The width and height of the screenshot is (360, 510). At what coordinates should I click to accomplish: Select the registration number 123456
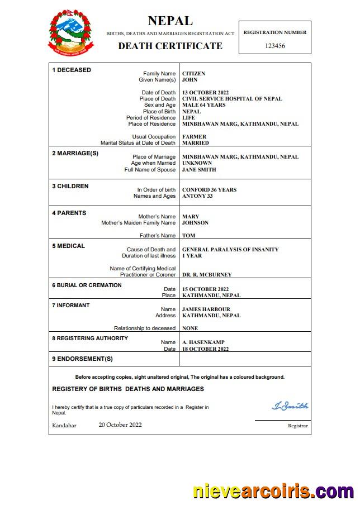(x=274, y=46)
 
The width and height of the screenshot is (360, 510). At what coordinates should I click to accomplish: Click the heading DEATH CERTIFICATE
(x=170, y=46)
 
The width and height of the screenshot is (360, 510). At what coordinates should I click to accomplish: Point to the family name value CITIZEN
(x=193, y=74)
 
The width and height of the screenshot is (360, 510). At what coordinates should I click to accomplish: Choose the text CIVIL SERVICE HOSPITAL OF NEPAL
(x=232, y=99)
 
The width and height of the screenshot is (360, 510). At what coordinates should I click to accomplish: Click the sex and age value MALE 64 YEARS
(x=203, y=105)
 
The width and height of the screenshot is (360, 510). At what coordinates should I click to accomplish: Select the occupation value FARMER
(x=194, y=137)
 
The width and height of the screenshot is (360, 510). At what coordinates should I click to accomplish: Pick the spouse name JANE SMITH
(x=199, y=170)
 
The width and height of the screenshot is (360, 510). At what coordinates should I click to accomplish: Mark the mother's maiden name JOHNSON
(x=195, y=223)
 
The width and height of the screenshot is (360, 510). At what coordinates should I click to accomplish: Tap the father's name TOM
(x=188, y=236)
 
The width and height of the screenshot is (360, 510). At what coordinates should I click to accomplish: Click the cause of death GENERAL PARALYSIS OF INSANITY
(x=230, y=250)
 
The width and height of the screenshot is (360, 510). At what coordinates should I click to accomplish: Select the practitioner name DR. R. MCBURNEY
(x=207, y=275)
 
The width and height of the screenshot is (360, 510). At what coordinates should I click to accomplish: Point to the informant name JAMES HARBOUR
(x=206, y=309)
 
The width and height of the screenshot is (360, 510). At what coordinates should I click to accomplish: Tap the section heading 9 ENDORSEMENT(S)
(x=82, y=359)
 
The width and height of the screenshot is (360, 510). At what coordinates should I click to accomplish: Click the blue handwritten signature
(x=290, y=406)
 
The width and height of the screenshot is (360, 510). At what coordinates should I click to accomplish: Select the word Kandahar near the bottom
(x=64, y=426)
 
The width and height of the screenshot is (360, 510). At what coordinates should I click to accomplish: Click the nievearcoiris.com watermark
(x=273, y=492)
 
